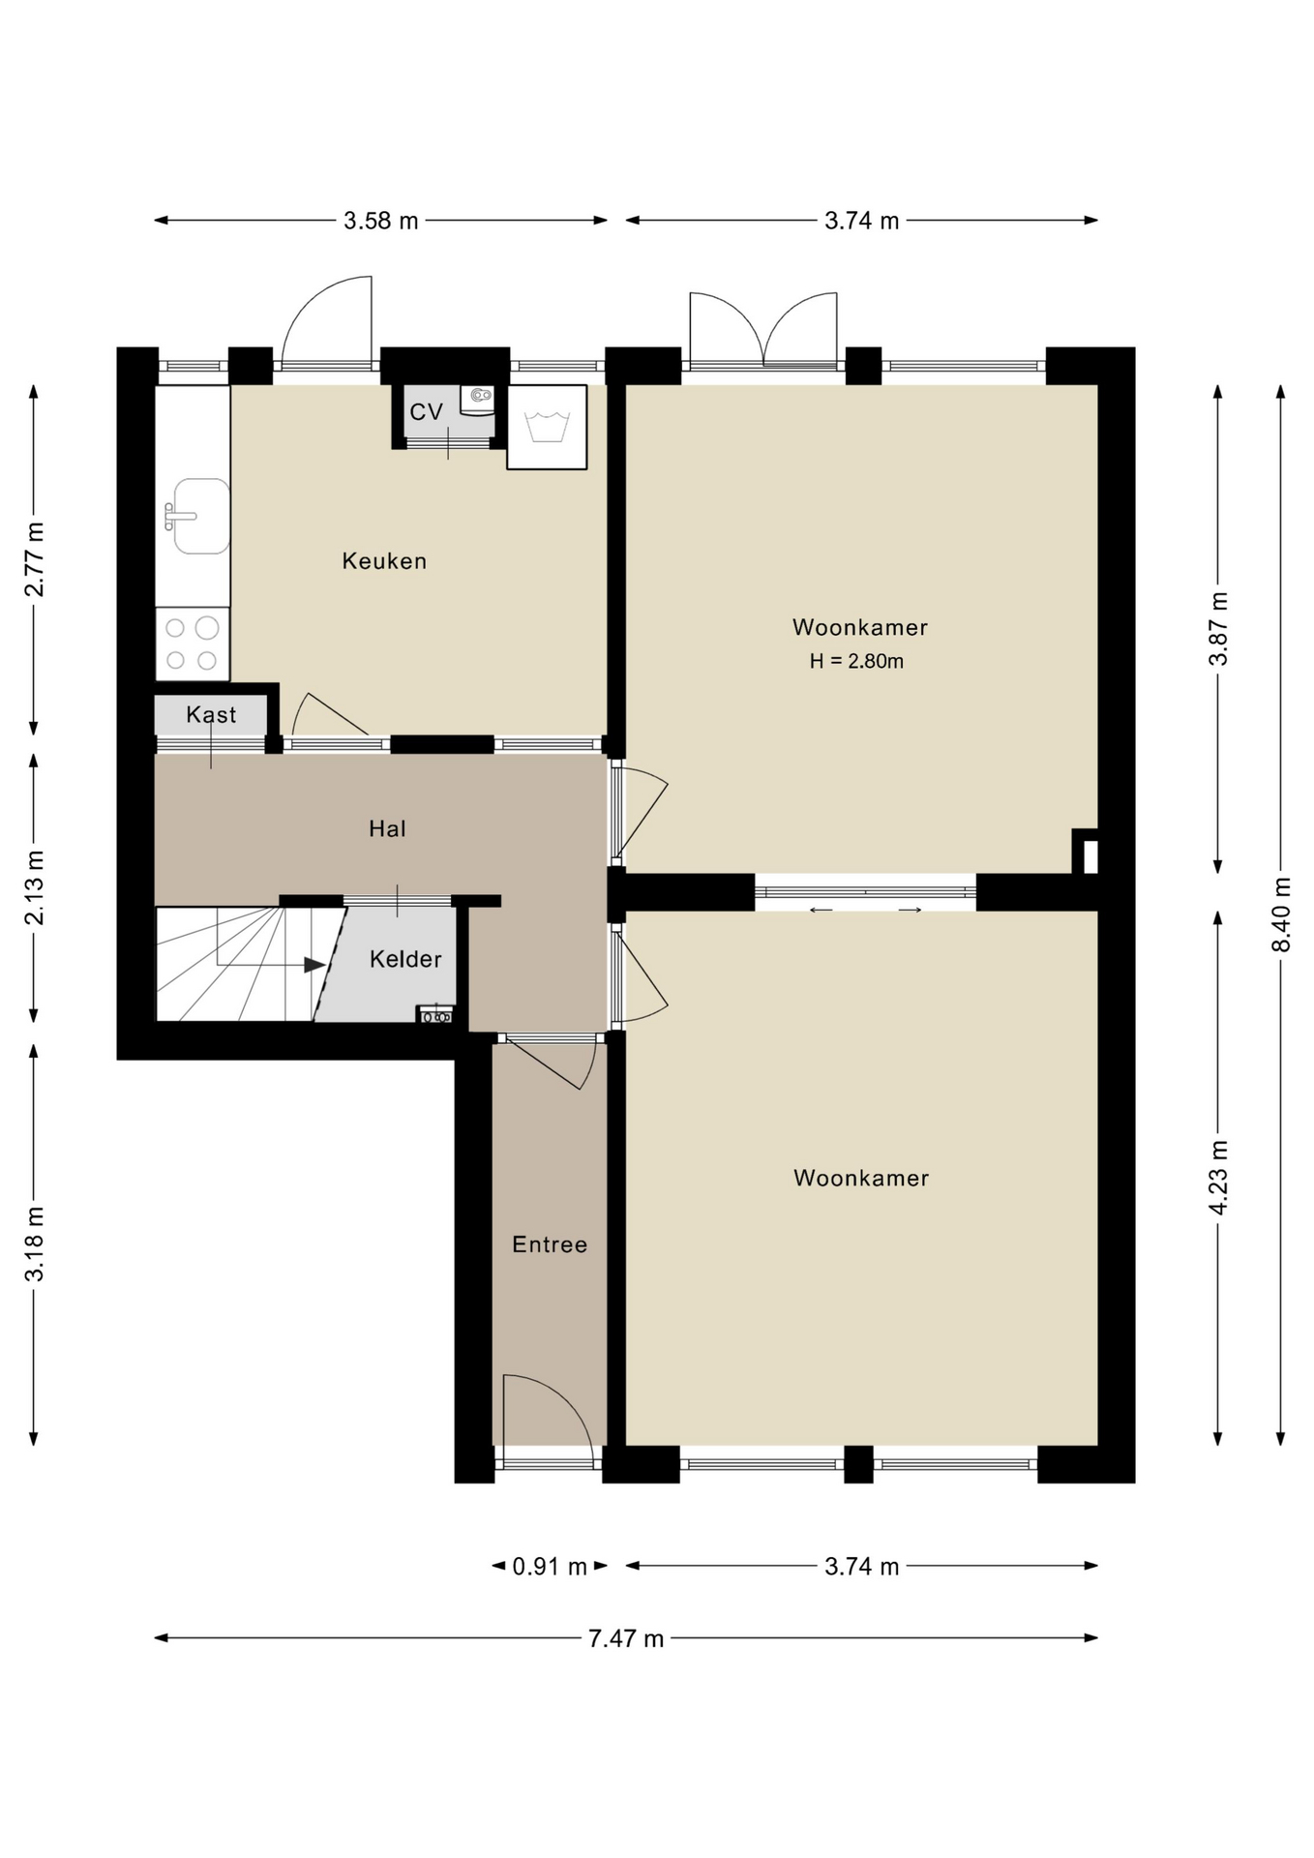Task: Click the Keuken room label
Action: click(384, 561)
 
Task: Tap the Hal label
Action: click(387, 828)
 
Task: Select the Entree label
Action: click(550, 1244)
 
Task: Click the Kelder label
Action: click(405, 959)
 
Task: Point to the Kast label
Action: click(211, 714)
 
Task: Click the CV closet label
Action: click(426, 412)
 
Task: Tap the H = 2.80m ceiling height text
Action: click(856, 662)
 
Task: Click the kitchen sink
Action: click(200, 516)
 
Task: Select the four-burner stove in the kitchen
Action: click(193, 644)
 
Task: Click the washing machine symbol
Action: click(547, 427)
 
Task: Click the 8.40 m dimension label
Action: click(1282, 914)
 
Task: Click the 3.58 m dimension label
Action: click(381, 221)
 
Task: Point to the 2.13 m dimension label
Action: click(34, 887)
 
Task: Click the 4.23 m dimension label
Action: click(1219, 1178)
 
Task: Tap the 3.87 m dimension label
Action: click(1219, 629)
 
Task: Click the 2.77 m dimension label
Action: click(34, 559)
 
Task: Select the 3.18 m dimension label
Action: click(34, 1244)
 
